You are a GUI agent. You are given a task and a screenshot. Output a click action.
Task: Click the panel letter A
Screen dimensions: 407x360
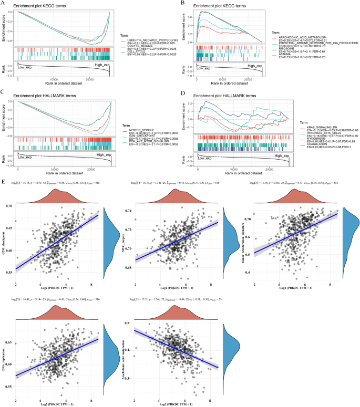pos(4,3)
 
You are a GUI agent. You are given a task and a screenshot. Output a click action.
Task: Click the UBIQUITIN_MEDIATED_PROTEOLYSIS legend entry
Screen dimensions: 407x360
pos(151,41)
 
